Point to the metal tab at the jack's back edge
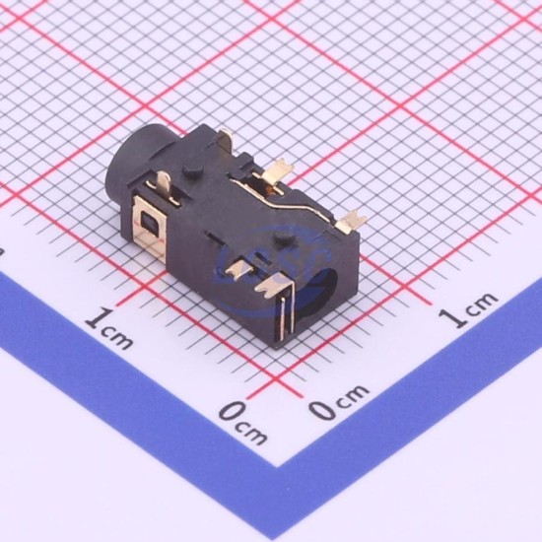point(226,138)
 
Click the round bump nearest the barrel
point(193,169)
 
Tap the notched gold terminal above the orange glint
point(277,170)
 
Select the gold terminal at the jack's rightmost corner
point(351,221)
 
